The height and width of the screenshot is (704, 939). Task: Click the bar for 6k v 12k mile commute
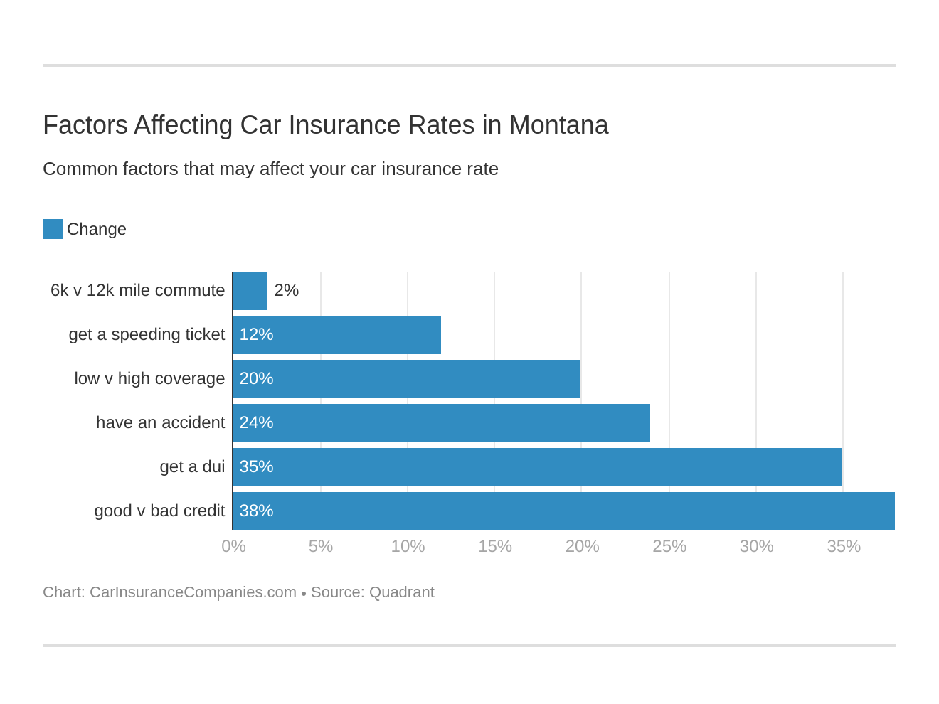coord(250,291)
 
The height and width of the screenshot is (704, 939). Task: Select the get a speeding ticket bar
coord(337,335)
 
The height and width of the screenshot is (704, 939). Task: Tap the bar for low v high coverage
coord(407,379)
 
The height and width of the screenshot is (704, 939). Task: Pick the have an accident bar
coord(441,423)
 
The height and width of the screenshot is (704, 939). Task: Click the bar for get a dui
coord(538,467)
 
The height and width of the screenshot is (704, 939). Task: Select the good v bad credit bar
coord(563,511)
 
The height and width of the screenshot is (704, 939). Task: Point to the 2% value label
coord(286,291)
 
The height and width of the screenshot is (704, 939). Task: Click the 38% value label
coord(256,511)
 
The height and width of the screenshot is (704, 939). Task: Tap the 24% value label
coord(256,423)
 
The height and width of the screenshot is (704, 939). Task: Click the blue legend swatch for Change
coord(53,229)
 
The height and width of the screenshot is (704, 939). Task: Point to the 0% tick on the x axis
coord(233,546)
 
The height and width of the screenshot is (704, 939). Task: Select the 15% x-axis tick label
coord(494,546)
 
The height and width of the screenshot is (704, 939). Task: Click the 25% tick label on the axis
coord(669,546)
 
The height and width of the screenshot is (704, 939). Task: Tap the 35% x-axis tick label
coord(843,546)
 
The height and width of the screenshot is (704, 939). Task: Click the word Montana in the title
coord(558,125)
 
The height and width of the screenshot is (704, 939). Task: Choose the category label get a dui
coord(192,467)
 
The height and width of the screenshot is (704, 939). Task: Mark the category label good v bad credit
coord(159,511)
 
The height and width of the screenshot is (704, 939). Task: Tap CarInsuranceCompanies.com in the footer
coord(193,592)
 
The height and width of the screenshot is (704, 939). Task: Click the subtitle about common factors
coord(270,169)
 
